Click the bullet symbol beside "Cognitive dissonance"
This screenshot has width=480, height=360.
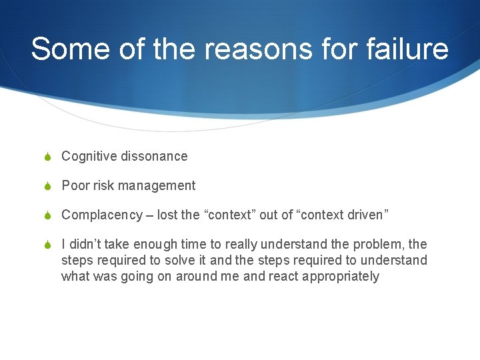49,157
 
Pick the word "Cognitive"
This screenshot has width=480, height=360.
89,156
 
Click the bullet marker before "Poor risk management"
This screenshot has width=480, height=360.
49,186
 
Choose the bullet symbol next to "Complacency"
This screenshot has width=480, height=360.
49,215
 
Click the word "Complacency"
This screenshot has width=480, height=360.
102,215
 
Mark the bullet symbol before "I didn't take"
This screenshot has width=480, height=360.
49,245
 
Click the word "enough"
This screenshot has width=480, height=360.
138,245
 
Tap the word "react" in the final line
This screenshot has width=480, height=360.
284,276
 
